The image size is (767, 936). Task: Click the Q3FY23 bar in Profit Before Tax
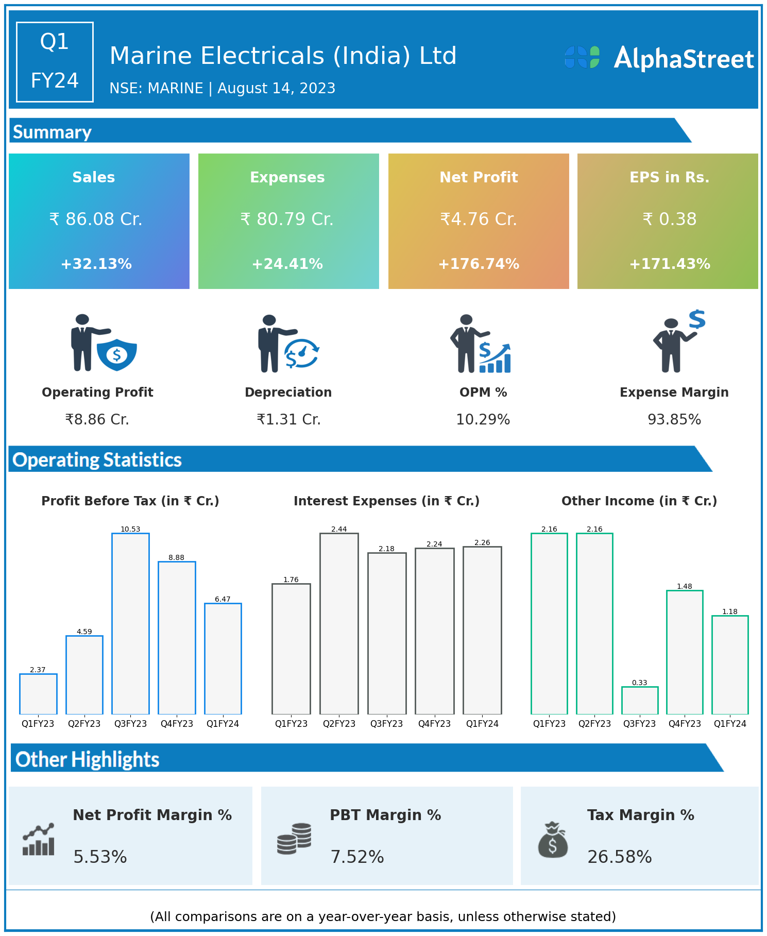130,623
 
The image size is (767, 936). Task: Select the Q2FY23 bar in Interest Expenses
339,623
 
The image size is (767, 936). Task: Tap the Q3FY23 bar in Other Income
639,700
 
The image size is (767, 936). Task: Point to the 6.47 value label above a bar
223,599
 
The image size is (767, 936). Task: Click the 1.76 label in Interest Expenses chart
291,580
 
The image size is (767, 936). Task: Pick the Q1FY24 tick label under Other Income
730,724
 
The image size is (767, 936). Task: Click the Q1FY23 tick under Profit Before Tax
38,724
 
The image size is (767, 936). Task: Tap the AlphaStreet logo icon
582,57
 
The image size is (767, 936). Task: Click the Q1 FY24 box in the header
55,62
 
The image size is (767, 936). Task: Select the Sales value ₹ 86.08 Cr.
96,219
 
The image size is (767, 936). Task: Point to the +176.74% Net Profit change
479,264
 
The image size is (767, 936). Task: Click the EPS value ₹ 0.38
669,219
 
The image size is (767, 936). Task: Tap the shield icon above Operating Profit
117,354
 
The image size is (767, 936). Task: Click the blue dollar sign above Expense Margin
697,319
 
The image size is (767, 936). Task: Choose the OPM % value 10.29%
483,420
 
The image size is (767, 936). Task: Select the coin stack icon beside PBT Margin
294,839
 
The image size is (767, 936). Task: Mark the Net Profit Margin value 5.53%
100,857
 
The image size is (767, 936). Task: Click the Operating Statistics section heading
97,460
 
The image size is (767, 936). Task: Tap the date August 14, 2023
277,89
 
